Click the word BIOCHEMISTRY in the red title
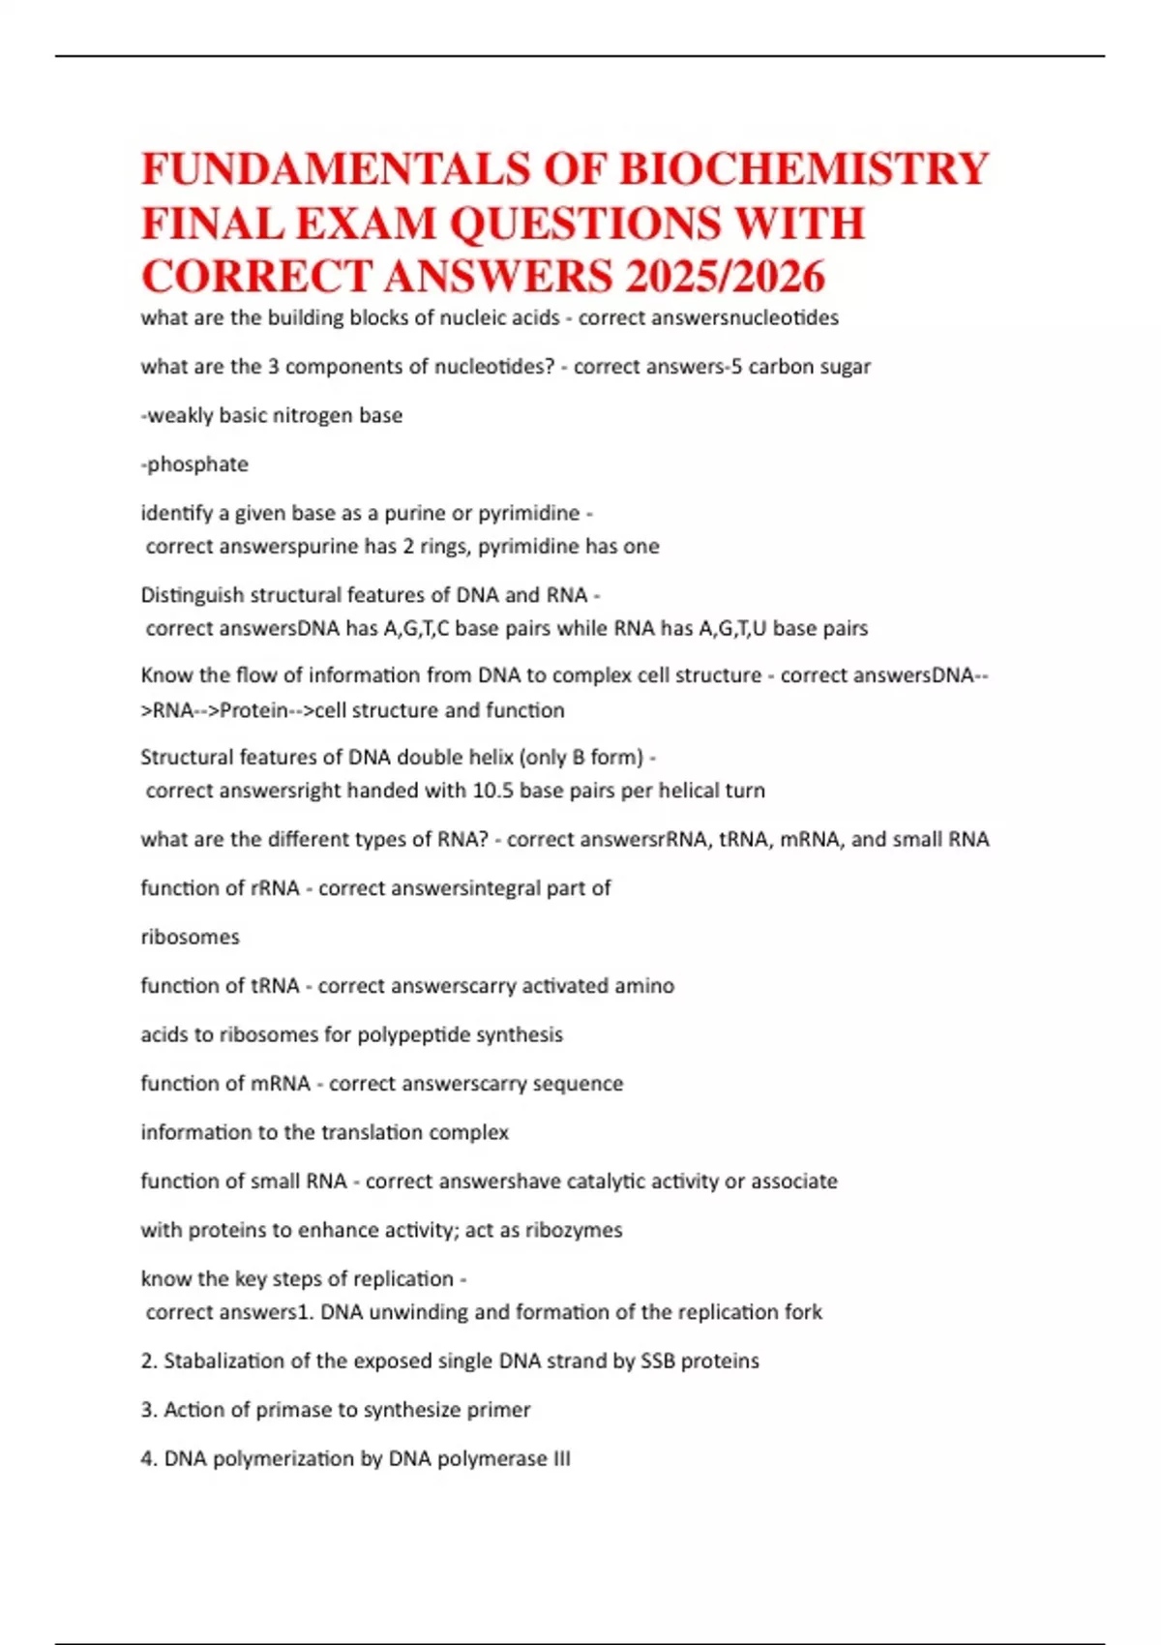[803, 168]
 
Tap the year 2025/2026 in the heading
[725, 277]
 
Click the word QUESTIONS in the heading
[586, 224]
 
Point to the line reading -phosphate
[194, 464]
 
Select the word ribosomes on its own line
[190, 937]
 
